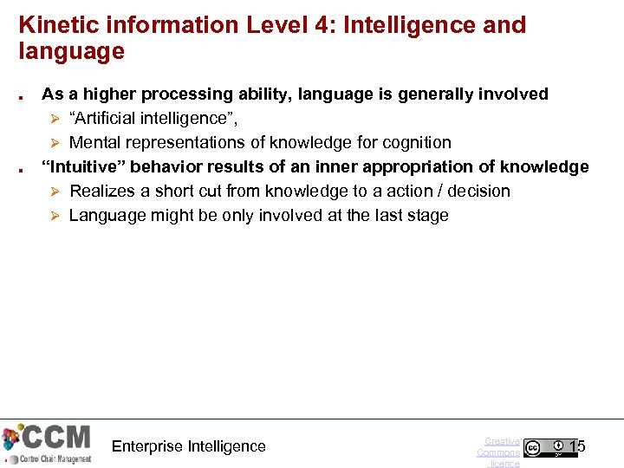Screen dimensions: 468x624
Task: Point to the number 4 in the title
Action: coord(323,25)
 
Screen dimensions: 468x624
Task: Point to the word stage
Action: coord(427,215)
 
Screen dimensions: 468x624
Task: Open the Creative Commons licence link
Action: coord(499,452)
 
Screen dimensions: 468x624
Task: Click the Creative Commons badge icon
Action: coord(549,448)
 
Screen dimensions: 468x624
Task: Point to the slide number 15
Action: coord(577,446)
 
